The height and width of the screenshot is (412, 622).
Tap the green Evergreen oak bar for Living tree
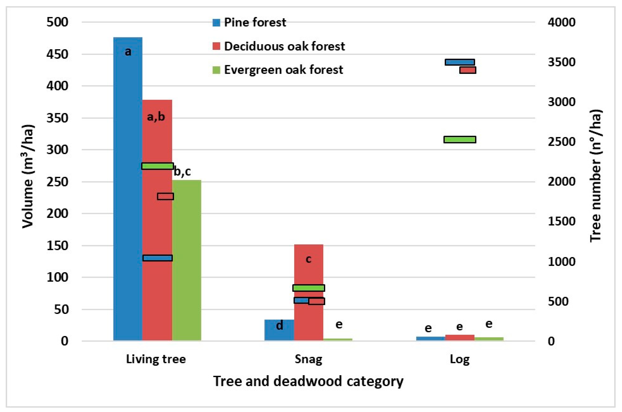[x=187, y=260]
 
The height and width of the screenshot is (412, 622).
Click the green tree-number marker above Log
[x=460, y=139]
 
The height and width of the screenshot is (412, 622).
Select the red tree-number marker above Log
[x=468, y=70]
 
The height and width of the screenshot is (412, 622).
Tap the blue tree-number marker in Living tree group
[x=157, y=258]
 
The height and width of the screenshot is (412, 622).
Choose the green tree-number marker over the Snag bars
[x=309, y=288]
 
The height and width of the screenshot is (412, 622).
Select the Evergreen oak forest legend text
[x=283, y=70]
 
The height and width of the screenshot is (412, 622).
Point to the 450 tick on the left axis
[x=57, y=54]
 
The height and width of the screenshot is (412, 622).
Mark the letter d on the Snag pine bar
[x=279, y=326]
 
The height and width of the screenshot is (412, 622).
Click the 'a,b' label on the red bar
[x=156, y=117]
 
